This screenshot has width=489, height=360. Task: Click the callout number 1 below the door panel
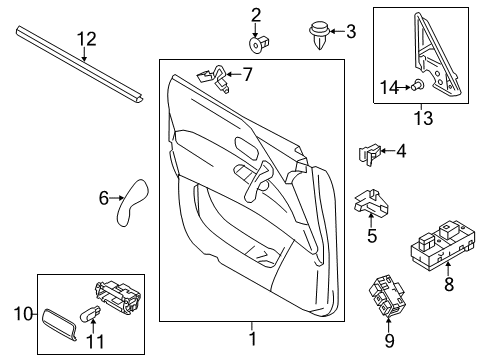252,340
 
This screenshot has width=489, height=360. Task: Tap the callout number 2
256,14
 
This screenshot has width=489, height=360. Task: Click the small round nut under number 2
257,43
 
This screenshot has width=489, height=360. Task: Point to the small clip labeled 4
368,154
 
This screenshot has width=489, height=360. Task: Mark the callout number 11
95,342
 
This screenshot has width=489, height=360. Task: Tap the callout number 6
103,199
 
